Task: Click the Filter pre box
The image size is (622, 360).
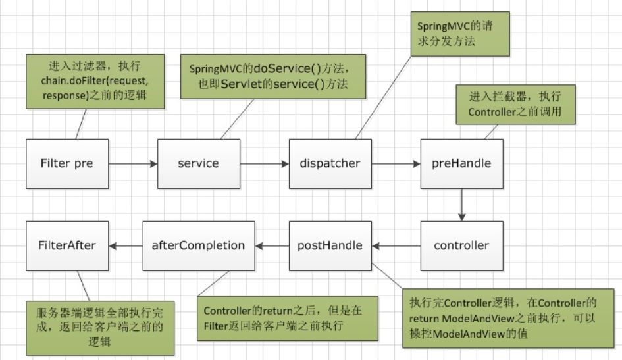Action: click(66, 163)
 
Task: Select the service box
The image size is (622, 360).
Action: click(198, 163)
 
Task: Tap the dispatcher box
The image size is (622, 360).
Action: click(330, 163)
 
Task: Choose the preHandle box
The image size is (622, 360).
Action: click(461, 163)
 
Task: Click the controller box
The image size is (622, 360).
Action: click(461, 246)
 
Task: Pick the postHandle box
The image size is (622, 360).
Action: click(330, 246)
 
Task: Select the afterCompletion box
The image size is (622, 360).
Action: click(198, 246)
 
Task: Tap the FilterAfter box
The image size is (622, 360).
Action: click(66, 246)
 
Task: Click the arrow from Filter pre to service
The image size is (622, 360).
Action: click(132, 163)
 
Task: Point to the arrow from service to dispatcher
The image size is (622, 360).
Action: click(264, 163)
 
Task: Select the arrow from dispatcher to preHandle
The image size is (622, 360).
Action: click(396, 163)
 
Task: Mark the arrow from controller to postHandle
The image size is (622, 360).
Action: click(396, 246)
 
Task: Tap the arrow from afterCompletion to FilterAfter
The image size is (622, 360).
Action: click(125, 246)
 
